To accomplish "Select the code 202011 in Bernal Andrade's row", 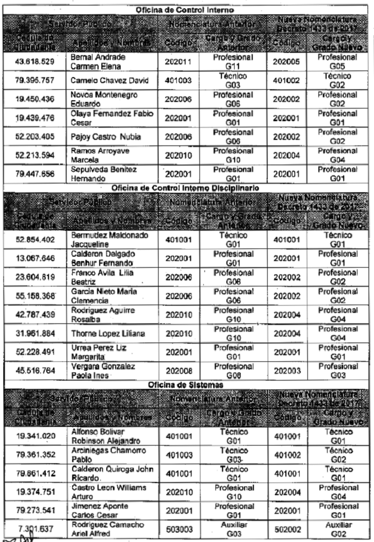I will (x=178, y=62).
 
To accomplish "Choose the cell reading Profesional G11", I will (x=232, y=62).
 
